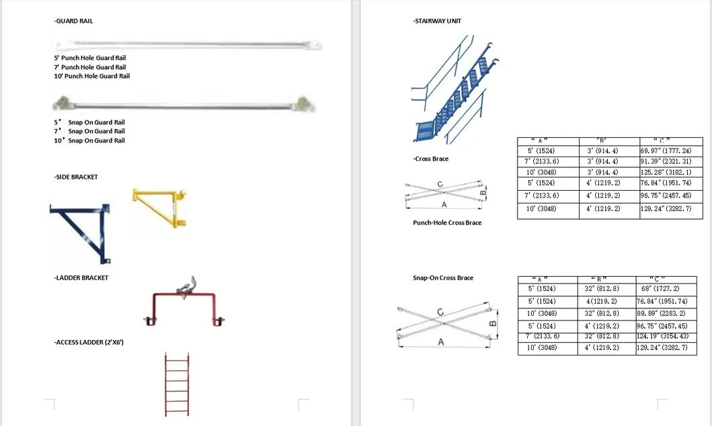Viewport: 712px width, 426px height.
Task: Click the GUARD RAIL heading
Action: click(74, 21)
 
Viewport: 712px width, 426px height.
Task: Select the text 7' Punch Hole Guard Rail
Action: click(90, 67)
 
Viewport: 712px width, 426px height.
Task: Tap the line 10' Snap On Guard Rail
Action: click(89, 140)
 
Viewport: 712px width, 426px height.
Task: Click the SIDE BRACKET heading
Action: click(76, 177)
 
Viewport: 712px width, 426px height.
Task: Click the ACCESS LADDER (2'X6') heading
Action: click(89, 342)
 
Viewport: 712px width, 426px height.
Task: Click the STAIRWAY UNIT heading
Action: click(437, 21)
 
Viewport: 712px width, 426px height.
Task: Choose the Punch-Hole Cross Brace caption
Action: click(447, 222)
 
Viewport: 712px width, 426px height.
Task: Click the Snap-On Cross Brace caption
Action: click(443, 278)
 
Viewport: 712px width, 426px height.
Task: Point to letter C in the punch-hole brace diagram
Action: click(440, 184)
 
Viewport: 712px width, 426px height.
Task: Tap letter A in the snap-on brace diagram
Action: click(441, 342)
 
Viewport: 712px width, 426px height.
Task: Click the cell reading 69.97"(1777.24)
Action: click(671, 151)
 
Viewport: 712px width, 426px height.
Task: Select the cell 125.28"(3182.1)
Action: click(671, 172)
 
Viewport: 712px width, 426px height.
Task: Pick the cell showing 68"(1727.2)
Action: click(665, 288)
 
